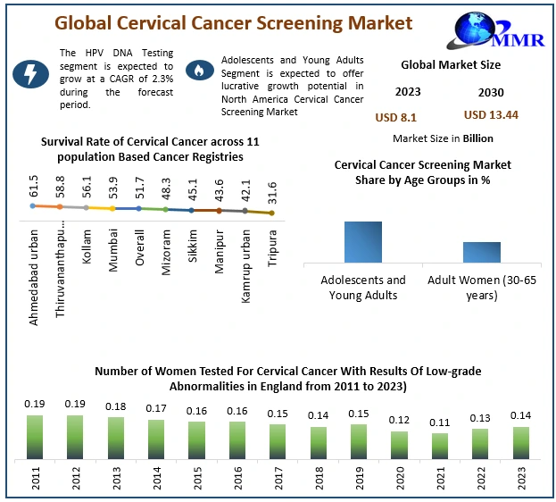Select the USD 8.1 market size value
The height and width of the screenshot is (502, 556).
pyautogui.click(x=395, y=116)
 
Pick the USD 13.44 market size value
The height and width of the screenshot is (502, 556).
pyautogui.click(x=490, y=115)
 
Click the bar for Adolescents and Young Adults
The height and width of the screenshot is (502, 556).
pyautogui.click(x=363, y=242)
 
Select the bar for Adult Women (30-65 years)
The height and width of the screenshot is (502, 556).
pyautogui.click(x=482, y=252)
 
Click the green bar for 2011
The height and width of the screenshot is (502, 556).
pyautogui.click(x=35, y=437)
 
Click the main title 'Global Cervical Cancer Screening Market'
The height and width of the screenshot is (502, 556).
pyautogui.click(x=234, y=22)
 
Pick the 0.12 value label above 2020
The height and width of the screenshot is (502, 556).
pyautogui.click(x=399, y=420)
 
